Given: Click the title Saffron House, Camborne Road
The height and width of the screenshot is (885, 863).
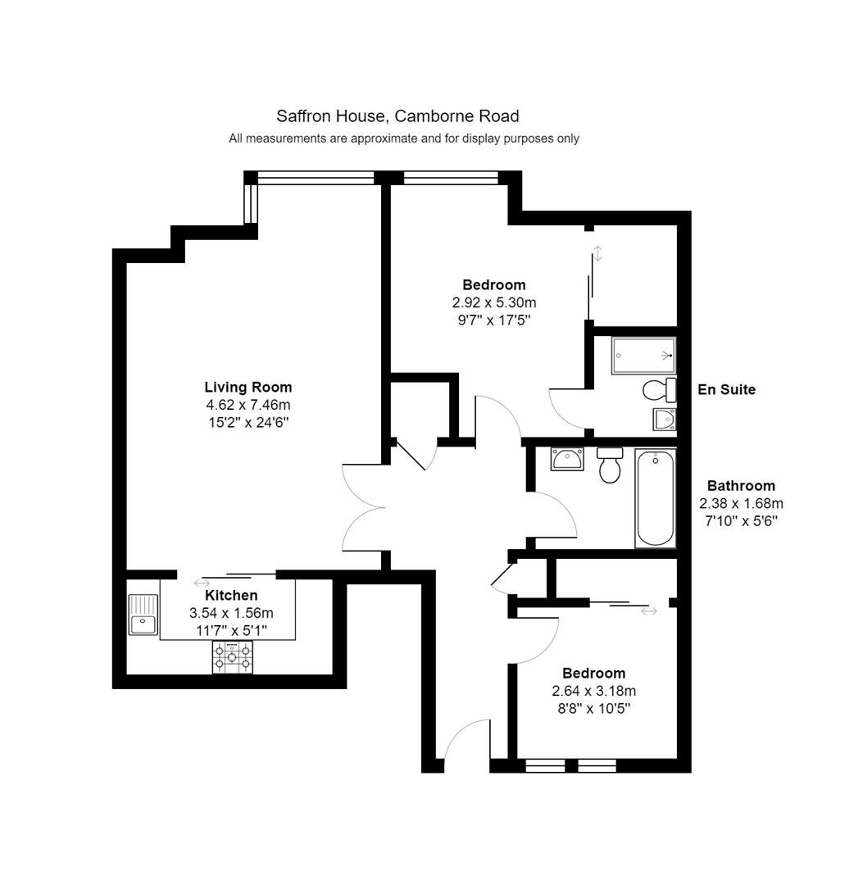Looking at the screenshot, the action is [397, 116].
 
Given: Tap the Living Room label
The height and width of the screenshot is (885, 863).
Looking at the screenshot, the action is [248, 387].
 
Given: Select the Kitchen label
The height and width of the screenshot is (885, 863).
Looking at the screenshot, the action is [231, 596].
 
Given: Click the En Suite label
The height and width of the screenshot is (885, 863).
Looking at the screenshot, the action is [726, 389].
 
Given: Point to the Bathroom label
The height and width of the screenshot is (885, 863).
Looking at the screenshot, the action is [741, 486].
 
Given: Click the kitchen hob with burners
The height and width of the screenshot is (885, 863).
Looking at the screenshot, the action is [233, 657].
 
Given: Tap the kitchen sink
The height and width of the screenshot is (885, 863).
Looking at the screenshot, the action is [143, 614].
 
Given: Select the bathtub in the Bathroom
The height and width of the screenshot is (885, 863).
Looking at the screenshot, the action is [656, 498].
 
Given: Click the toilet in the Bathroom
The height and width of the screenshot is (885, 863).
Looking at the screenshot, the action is [610, 465].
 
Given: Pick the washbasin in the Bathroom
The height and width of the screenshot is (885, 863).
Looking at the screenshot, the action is [567, 459].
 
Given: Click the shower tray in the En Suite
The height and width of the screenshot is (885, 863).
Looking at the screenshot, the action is [643, 356].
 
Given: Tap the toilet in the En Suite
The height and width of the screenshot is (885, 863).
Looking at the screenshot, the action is [659, 389].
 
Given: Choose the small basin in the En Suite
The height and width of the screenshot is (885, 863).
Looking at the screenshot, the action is [665, 420].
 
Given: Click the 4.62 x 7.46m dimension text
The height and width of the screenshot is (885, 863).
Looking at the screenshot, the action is [248, 405].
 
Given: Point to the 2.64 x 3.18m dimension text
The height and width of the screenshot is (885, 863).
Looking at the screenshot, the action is [593, 691].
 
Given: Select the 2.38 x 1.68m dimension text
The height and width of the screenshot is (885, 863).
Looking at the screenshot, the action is [741, 503].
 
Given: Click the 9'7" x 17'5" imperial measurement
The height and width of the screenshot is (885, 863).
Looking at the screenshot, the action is [494, 320].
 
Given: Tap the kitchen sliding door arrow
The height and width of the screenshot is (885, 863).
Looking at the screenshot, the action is [202, 583].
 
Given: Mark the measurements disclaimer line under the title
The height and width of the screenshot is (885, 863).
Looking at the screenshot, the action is [404, 138].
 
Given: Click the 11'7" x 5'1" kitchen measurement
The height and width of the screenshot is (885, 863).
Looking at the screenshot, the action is [231, 630].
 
